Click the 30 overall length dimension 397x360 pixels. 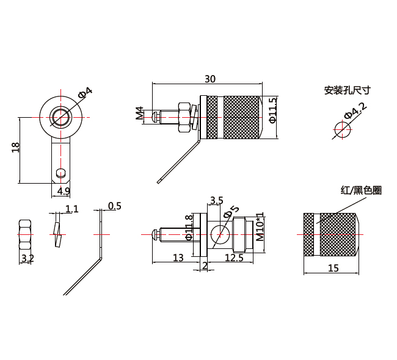(x=209, y=79)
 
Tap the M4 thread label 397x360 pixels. (x=140, y=113)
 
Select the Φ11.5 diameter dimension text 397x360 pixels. (x=272, y=110)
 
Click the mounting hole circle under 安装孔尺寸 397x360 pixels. (x=342, y=129)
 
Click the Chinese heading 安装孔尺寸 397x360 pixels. (x=348, y=90)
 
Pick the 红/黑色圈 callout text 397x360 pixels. (x=361, y=190)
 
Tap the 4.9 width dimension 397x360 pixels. (x=64, y=191)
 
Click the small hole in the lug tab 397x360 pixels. (x=59, y=173)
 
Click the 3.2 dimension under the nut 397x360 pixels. (x=27, y=259)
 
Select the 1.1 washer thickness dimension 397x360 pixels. (x=71, y=209)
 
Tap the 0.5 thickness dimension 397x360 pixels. (x=114, y=206)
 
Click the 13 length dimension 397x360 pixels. (x=178, y=258)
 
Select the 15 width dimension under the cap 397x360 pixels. (x=333, y=267)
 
